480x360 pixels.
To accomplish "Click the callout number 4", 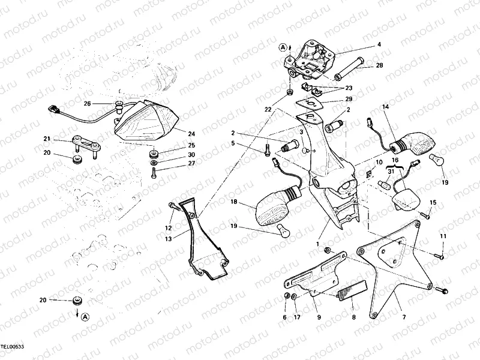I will tap(379, 44).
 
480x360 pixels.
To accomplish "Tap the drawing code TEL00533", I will tap(13, 347).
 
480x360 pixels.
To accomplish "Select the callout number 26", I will tap(87, 104).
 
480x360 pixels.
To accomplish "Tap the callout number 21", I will tap(46, 139).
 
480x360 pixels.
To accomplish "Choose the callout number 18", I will tap(233, 202).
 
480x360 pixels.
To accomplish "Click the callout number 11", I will tap(443, 237).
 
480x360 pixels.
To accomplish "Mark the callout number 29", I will tap(349, 99).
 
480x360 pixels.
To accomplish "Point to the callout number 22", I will tap(268, 109).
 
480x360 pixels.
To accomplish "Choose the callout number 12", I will tap(169, 227).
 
